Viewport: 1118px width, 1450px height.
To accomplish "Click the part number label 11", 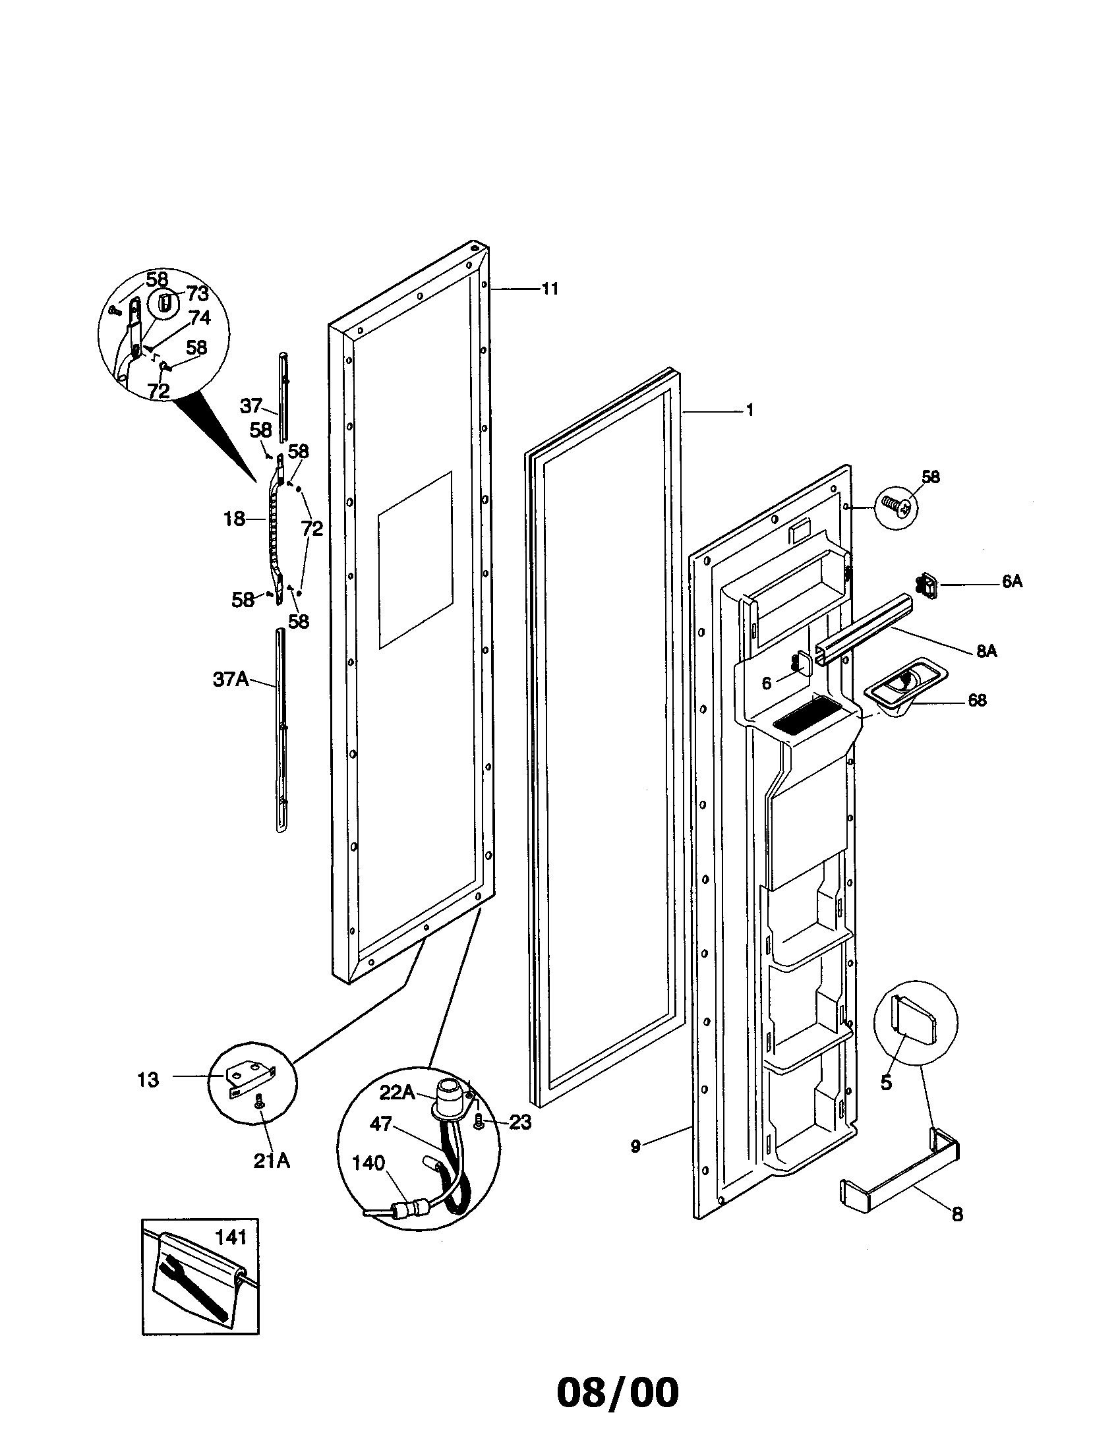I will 550,289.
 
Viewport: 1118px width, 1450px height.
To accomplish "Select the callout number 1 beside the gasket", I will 750,411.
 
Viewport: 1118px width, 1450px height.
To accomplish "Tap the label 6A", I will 1012,582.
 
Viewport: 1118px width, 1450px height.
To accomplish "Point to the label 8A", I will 987,651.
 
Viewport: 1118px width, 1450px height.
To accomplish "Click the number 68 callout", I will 977,700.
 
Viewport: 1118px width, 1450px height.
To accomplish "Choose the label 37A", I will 230,679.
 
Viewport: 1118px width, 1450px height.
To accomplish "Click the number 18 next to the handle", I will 234,519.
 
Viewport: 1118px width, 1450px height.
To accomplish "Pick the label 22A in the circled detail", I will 397,1091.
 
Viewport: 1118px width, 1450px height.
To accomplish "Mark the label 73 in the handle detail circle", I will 197,293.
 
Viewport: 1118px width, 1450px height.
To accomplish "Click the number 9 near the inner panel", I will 635,1146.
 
